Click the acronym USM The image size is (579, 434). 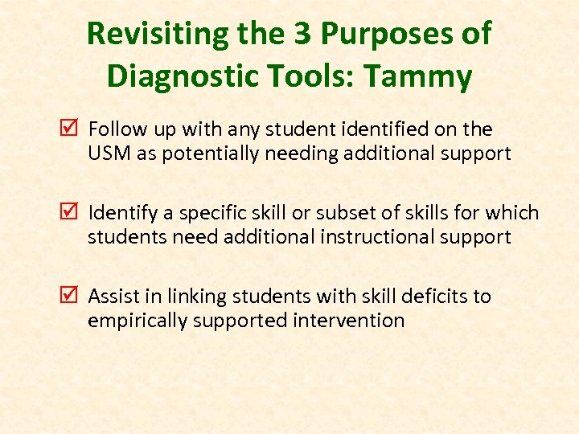coord(105,154)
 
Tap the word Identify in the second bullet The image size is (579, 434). coord(117,213)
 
